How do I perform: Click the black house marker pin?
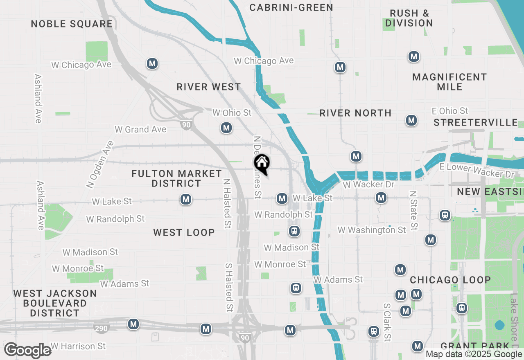coord(262,164)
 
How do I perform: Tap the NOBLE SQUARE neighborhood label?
coord(72,24)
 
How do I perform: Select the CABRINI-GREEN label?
coord(291,7)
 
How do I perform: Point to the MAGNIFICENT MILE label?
coord(449,82)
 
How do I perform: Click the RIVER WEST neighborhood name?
coord(209,87)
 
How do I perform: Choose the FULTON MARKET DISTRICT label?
coord(176,178)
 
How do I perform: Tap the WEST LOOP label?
coord(184,232)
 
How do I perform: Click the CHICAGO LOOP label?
coord(450,280)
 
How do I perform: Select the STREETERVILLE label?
coord(476,122)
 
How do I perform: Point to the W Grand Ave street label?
coord(140,129)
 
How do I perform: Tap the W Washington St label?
coord(372,230)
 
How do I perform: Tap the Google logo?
coord(27,351)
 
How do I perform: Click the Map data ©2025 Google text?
coord(474,354)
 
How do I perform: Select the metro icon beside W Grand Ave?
coord(226,128)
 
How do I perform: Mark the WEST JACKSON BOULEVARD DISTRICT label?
coord(55,303)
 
